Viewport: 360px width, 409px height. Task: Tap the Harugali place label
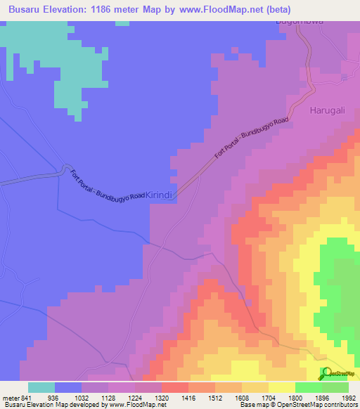click(327, 110)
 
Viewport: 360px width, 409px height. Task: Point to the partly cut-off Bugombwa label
click(299, 22)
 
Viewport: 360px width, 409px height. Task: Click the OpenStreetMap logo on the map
click(337, 373)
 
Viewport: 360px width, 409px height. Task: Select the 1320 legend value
click(162, 396)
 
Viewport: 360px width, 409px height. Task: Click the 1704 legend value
click(269, 396)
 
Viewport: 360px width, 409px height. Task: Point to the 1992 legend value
click(348, 396)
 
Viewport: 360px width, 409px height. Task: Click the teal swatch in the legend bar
click(41, 387)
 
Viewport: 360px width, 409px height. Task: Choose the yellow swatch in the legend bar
click(281, 387)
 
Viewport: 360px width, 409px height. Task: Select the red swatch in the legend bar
click(174, 387)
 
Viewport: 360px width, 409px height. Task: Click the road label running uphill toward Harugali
click(252, 140)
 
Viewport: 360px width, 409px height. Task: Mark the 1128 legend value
click(108, 396)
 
